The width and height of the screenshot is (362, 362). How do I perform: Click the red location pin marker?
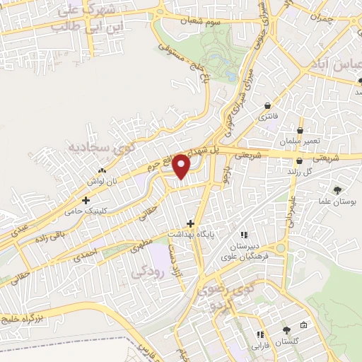(x=182, y=165)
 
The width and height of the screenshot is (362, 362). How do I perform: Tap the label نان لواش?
(x=101, y=182)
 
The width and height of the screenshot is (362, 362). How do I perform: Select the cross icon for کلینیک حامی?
(x=86, y=201)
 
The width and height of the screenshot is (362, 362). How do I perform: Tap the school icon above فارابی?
(x=259, y=334)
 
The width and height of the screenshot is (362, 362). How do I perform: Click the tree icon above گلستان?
(x=286, y=329)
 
